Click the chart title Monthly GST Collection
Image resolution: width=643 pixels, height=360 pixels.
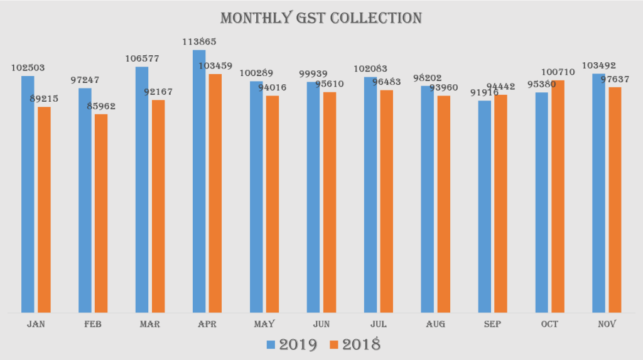320,18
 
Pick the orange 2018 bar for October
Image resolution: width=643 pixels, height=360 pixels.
558,196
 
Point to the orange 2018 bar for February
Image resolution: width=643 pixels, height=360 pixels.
101,213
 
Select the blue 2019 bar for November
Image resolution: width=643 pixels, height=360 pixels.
598,193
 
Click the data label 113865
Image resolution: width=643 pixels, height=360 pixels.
200,42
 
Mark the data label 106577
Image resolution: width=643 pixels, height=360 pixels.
142,58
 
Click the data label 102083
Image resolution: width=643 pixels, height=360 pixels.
370,68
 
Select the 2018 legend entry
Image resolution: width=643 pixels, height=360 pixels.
355,345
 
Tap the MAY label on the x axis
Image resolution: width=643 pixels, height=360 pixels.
264,324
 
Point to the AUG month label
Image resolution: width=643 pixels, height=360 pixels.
435,324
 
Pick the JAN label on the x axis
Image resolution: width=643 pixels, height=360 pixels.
35,324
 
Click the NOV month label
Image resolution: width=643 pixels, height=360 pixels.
607,324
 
